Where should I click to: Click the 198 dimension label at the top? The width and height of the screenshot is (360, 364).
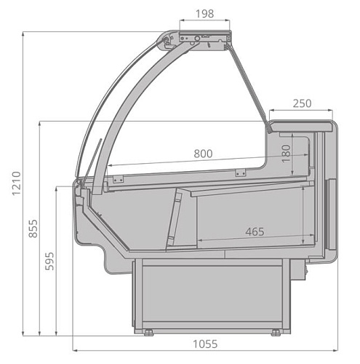pos(205,14)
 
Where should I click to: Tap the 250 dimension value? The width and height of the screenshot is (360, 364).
pos(302,103)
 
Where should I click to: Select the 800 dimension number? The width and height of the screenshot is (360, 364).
pos(203,154)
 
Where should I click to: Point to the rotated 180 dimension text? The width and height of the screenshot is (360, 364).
pos(287,154)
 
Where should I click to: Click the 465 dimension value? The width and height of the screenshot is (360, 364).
pos(255,232)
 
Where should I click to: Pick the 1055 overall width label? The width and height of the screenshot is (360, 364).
pos(205,344)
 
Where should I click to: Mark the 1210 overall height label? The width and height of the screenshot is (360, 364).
pos(17,183)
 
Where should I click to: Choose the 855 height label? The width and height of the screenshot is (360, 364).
pos(33,229)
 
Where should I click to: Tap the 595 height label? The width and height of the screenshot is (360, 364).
pos(49,261)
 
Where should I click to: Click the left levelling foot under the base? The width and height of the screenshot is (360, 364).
pos(148,333)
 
